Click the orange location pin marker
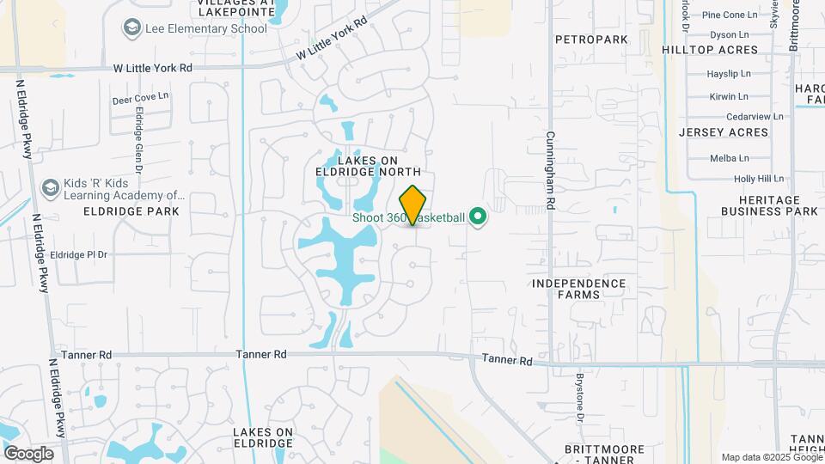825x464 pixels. click(413, 205)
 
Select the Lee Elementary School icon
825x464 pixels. click(132, 28)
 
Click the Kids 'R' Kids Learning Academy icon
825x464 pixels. click(51, 187)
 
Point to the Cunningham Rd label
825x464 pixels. click(550, 173)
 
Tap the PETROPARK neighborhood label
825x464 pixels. click(593, 40)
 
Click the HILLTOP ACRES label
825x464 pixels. click(710, 51)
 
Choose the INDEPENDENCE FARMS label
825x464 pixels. click(578, 289)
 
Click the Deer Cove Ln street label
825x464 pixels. click(140, 99)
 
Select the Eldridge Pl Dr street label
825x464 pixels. click(78, 254)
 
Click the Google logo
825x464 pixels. click(28, 453)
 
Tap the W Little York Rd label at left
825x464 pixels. click(152, 67)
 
